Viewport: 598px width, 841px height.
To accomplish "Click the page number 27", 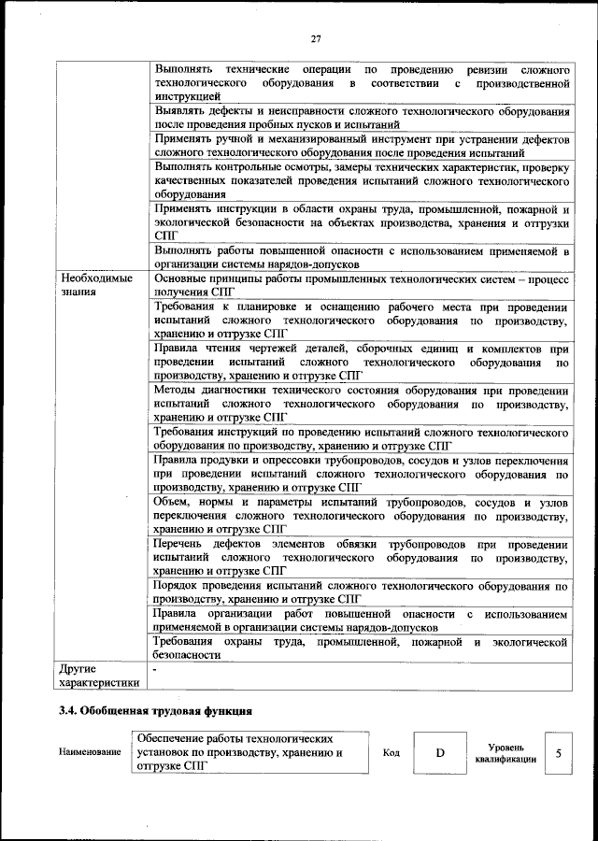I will click(x=316, y=38).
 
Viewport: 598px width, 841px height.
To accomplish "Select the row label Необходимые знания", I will click(x=97, y=285).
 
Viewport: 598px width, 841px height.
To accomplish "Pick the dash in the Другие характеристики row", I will click(x=156, y=670).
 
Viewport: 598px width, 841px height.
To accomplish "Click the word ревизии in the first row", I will click(x=481, y=70).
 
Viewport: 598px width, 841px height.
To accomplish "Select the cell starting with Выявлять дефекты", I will click(x=361, y=118).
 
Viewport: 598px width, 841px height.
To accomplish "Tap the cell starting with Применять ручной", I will click(x=361, y=146).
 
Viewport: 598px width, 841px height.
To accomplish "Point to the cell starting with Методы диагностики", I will click(x=361, y=404).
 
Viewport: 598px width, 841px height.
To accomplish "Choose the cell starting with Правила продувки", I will click(x=361, y=474).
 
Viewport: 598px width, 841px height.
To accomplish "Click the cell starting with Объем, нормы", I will click(x=361, y=516).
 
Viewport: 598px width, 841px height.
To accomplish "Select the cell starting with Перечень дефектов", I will click(x=361, y=557).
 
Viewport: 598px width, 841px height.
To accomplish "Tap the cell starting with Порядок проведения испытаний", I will click(x=361, y=592).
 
